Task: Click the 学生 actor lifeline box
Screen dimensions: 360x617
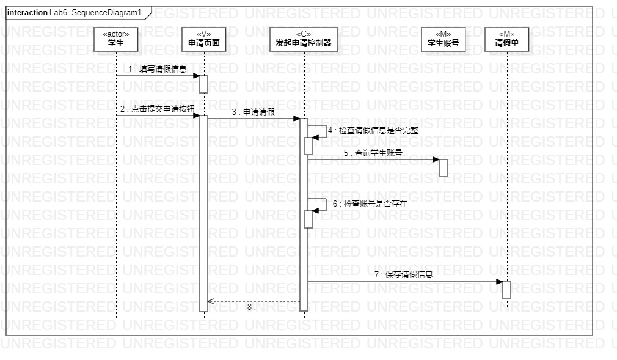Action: (116, 39)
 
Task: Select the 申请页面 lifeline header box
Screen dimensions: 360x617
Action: (203, 39)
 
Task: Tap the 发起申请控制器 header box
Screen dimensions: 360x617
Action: (303, 39)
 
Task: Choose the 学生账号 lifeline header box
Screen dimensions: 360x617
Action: (443, 39)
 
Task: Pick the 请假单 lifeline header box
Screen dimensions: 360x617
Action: (506, 39)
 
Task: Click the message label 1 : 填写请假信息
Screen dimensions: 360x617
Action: (157, 70)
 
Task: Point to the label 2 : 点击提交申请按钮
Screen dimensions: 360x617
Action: (157, 109)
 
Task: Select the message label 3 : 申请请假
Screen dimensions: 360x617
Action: (252, 112)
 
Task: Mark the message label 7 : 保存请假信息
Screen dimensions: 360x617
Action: (403, 275)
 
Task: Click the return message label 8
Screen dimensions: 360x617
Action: (251, 307)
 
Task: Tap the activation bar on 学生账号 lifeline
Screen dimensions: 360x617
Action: (443, 168)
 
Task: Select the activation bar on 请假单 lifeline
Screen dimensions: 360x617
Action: (506, 290)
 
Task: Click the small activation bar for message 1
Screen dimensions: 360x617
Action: (203, 84)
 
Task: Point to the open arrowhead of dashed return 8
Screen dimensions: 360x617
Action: (211, 301)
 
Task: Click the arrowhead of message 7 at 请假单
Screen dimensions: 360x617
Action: (498, 282)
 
